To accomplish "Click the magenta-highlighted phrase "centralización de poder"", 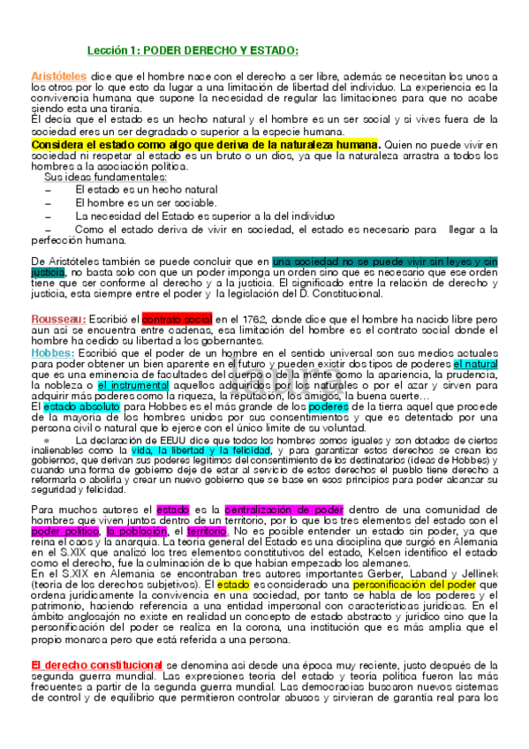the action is (x=283, y=510).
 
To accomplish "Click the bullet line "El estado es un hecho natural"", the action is (x=147, y=189).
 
